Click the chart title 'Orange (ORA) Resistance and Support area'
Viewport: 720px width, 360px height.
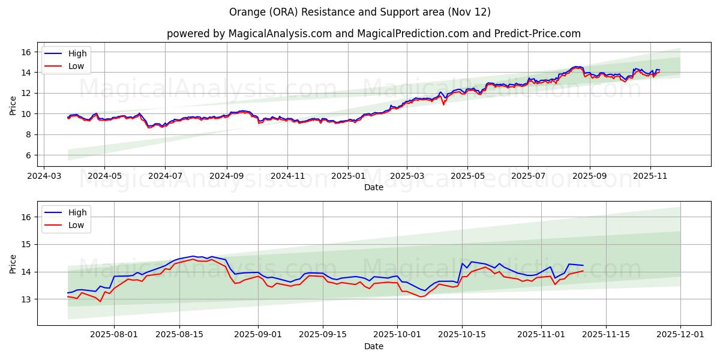click(x=360, y=12)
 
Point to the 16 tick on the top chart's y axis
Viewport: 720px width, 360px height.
click(x=27, y=52)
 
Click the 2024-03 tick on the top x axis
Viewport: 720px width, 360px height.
click(x=43, y=177)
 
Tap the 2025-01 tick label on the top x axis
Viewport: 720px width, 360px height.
click(x=348, y=177)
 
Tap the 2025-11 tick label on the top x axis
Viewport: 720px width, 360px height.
click(x=651, y=177)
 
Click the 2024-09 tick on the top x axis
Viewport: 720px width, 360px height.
click(x=227, y=177)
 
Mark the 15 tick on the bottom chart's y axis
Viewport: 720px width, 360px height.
click(x=27, y=244)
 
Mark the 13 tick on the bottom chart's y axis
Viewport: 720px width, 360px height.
click(x=27, y=299)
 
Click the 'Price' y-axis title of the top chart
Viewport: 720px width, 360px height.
click(x=13, y=104)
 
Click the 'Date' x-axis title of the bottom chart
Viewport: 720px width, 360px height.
click(x=374, y=346)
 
